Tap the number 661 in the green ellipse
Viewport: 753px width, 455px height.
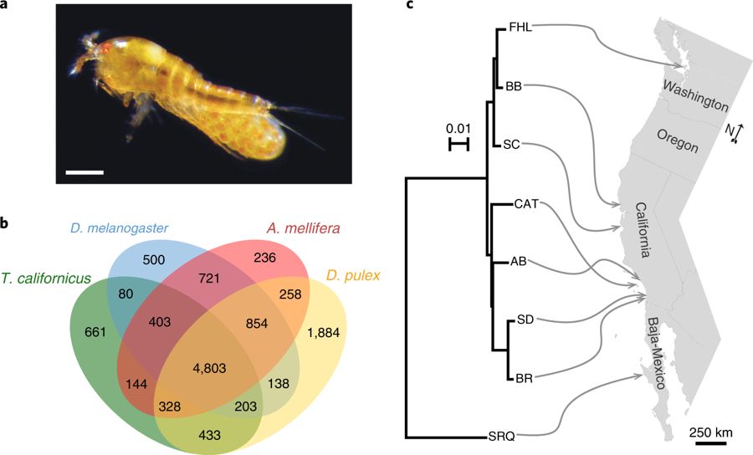(x=99, y=331)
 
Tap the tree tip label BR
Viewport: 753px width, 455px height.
(x=524, y=378)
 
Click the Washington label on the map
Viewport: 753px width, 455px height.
(x=694, y=94)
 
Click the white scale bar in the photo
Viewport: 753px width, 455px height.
(x=84, y=173)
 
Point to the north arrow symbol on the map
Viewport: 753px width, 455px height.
(x=731, y=132)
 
